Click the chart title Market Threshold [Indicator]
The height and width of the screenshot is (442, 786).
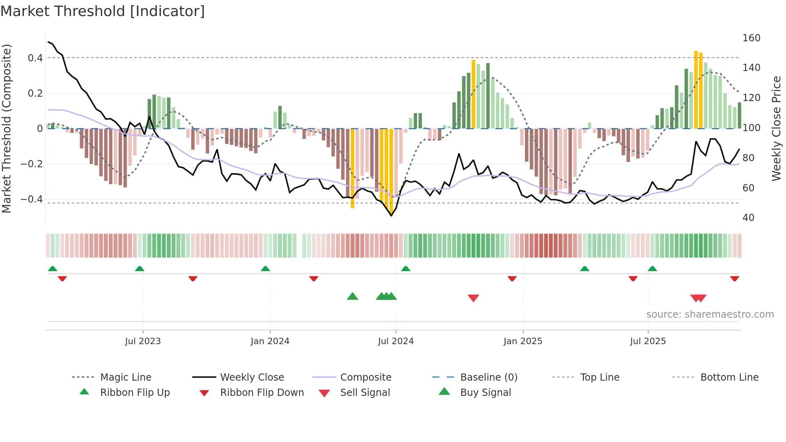tap(103, 11)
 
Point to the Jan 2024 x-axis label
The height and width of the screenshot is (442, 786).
tap(270, 341)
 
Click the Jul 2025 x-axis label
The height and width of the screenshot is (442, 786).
tap(648, 341)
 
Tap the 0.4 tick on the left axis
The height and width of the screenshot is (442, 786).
tap(35, 58)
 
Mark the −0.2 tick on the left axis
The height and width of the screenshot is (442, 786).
tap(32, 164)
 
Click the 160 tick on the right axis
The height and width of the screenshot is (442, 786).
tap(751, 38)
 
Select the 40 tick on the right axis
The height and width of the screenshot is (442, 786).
tap(748, 218)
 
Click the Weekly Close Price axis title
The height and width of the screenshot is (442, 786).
tap(776, 128)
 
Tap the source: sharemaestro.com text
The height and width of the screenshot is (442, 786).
tap(710, 314)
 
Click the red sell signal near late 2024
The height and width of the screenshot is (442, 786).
tap(473, 298)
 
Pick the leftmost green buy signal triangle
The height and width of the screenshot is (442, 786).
tap(352, 296)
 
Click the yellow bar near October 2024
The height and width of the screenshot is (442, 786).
tap(473, 94)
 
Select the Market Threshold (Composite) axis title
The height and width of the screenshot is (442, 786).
tap(6, 128)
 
